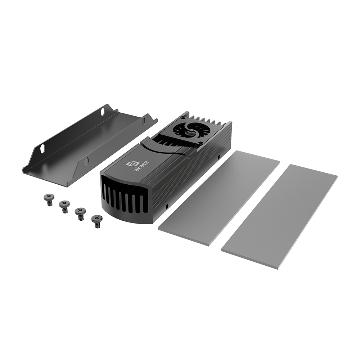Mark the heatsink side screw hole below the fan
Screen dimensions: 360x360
(218, 157)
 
